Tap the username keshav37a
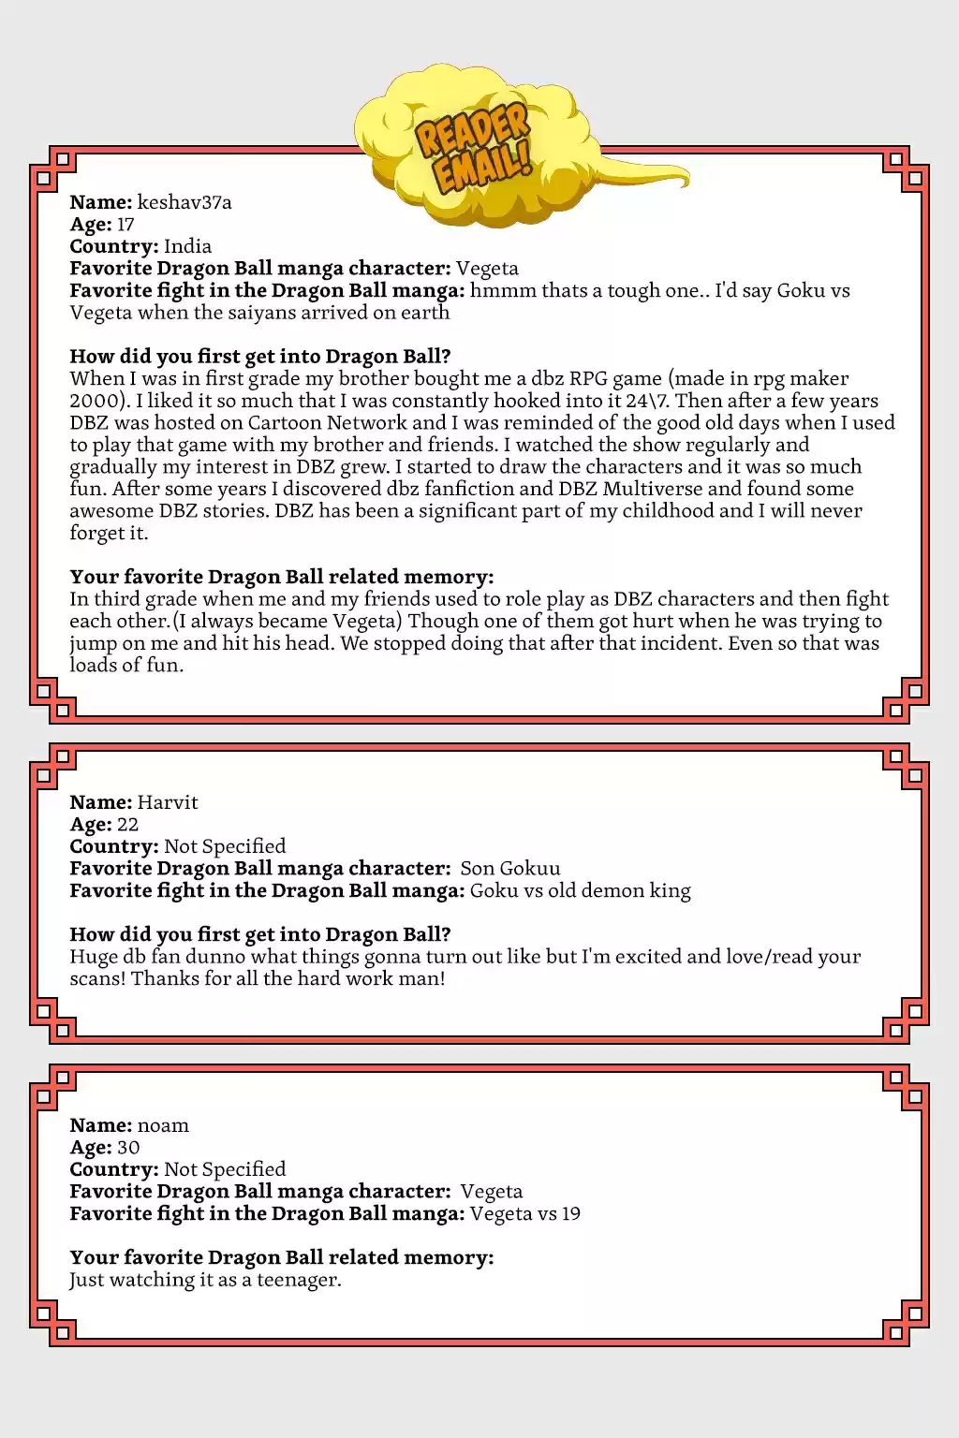coord(184,202)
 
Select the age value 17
coord(125,225)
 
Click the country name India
coord(187,246)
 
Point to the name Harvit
coord(168,802)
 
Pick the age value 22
coord(127,825)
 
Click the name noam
coord(163,1125)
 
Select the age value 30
coord(128,1148)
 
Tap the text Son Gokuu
coord(510,869)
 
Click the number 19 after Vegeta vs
coord(570,1214)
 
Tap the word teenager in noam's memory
coord(298,1280)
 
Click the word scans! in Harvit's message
coord(97,978)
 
